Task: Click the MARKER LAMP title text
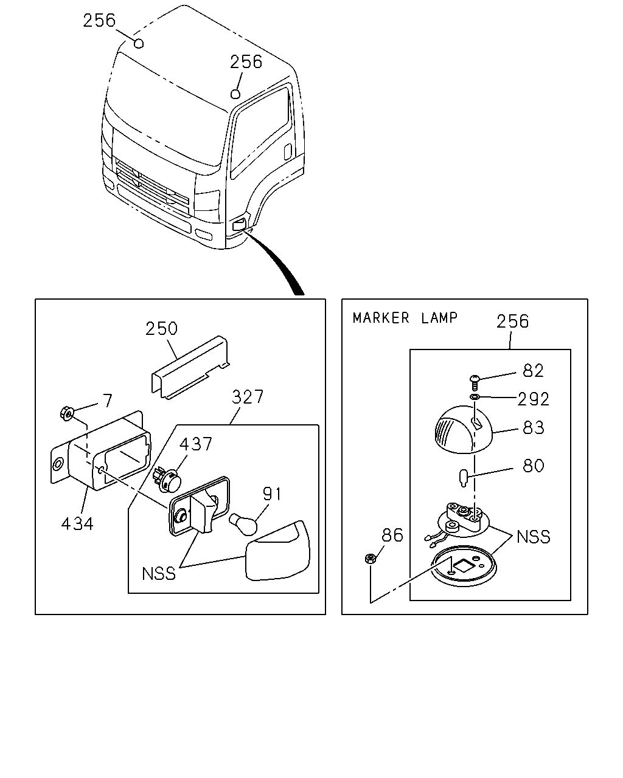(x=405, y=318)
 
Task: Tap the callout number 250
(x=161, y=329)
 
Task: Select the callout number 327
(x=248, y=398)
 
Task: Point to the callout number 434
(x=77, y=523)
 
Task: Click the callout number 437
(x=196, y=444)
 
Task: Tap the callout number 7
(x=108, y=401)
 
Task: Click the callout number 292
(x=533, y=399)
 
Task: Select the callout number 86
(x=392, y=535)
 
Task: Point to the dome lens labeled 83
(x=464, y=430)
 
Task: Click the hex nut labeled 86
(x=371, y=559)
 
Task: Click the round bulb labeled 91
(x=243, y=525)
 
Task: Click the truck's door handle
(x=288, y=152)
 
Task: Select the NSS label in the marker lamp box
(x=533, y=537)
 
